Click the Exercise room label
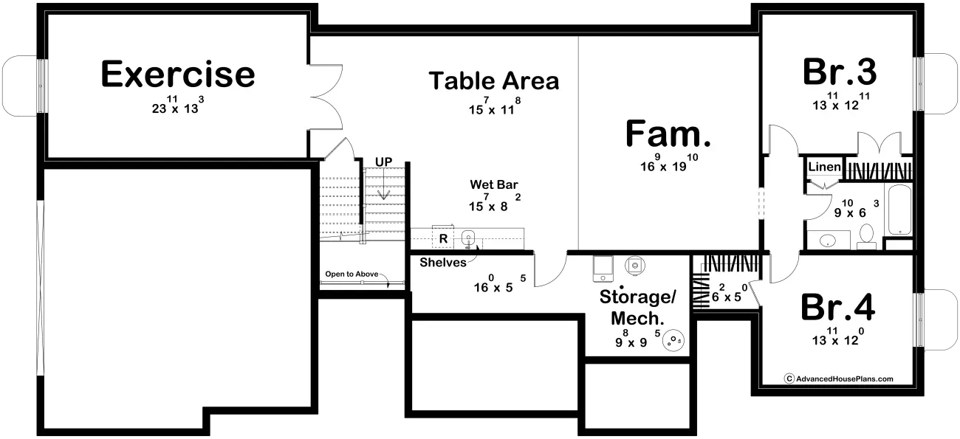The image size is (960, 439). coord(178,74)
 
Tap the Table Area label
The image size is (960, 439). coord(494,80)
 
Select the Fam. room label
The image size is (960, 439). coord(668,134)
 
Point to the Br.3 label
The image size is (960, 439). coord(839,72)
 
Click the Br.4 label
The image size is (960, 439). coord(837,307)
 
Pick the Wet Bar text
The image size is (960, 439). coord(494,184)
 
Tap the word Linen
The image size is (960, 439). coord(824,167)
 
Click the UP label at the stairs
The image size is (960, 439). coord(383,162)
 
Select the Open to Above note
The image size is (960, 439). coord(352,274)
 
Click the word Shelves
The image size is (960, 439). coord(443,262)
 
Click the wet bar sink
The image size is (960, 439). coord(468,238)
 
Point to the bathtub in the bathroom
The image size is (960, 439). coord(899,210)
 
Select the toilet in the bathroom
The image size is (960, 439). coord(866,236)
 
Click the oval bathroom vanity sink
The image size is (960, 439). coord(828,241)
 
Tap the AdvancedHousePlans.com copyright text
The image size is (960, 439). coord(839,378)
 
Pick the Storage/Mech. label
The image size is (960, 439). coord(638,308)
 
